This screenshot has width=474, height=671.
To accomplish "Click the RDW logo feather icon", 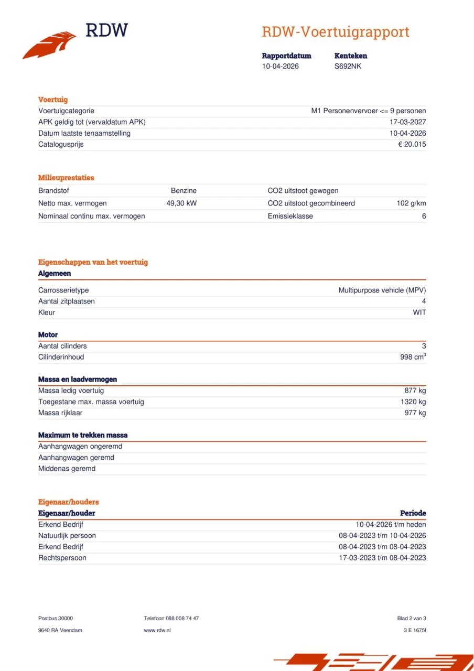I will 49,45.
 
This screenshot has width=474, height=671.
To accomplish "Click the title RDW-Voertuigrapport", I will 335,32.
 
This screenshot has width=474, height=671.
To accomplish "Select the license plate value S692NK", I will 348,67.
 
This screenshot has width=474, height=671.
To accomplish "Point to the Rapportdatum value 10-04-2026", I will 281,67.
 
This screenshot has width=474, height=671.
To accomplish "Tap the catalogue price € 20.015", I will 412,144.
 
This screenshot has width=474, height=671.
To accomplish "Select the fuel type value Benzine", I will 184,191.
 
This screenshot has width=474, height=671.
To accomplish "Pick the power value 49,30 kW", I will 181,203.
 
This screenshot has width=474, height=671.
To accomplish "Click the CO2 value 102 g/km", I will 411,203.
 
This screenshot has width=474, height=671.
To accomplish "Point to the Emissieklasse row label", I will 290,216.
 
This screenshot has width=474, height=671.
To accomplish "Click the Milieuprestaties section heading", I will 66,178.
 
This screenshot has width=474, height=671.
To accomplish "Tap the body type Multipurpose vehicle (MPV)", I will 382,290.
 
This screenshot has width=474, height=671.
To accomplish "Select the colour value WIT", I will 419,312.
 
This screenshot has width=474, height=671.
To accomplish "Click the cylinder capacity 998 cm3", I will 413,357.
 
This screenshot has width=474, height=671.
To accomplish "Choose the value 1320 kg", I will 413,402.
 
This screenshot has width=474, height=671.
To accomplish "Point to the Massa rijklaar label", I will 60,413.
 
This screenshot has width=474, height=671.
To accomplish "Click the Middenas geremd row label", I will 67,469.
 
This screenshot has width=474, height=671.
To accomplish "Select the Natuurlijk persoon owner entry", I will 67,536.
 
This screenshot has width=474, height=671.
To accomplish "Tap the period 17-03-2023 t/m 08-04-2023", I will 382,558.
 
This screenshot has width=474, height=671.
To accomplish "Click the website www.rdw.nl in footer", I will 157,630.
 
